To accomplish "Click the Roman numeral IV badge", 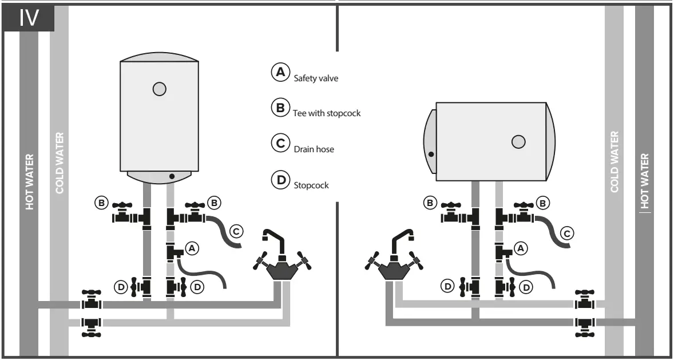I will pyautogui.click(x=29, y=18).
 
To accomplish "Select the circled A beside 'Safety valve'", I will pyautogui.click(x=279, y=72).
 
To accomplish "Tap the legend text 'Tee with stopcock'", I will pyautogui.click(x=327, y=113).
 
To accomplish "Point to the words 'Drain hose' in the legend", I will pyautogui.click(x=314, y=149).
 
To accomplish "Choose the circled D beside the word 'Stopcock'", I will pyautogui.click(x=280, y=179).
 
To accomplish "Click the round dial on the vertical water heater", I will pyautogui.click(x=160, y=89).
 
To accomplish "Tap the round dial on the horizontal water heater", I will pyautogui.click(x=518, y=142).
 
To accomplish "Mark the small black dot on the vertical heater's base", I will pyautogui.click(x=171, y=176).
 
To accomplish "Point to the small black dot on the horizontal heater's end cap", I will pyautogui.click(x=431, y=154).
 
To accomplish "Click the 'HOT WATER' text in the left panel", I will pyautogui.click(x=29, y=181).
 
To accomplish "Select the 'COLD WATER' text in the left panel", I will pyautogui.click(x=60, y=163).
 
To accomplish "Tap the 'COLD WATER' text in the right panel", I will pyautogui.click(x=614, y=163).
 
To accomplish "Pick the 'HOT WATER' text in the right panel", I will pyautogui.click(x=645, y=180).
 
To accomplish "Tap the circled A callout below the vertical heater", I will pyautogui.click(x=192, y=248).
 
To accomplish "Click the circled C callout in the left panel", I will pyautogui.click(x=236, y=232).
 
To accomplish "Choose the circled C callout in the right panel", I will pyautogui.click(x=566, y=233).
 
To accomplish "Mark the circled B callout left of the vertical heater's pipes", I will pyautogui.click(x=101, y=202).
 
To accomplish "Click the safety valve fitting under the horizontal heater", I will pyautogui.click(x=503, y=251).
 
